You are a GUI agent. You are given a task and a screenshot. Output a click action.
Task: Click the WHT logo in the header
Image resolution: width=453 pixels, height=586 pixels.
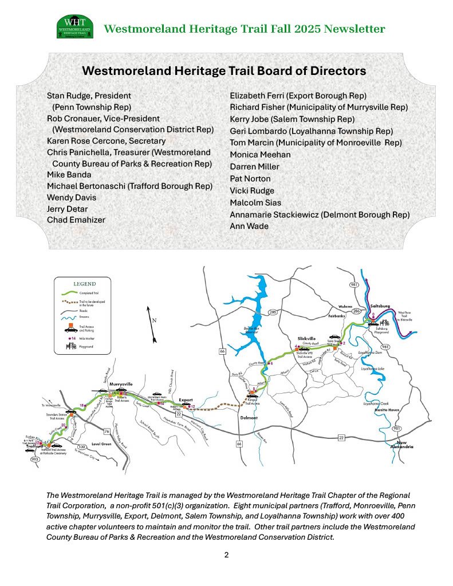coord(74,27)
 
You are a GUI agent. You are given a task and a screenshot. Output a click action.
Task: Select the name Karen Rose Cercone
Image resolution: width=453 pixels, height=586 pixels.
coord(106,141)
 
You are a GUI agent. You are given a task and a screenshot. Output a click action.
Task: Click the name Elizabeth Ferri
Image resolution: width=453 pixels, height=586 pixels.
coord(258,96)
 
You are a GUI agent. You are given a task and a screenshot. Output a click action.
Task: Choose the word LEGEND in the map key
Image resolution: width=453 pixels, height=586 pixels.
coord(84,283)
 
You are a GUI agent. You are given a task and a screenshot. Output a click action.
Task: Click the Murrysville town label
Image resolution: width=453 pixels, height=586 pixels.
coord(121,384)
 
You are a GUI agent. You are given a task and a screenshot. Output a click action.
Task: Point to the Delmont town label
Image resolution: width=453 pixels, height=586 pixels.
coord(250,417)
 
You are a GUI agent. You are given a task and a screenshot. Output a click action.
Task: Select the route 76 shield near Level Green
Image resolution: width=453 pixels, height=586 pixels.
coord(106,431)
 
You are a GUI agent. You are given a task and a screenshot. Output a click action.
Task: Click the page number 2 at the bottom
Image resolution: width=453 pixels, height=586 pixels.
coord(226,555)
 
